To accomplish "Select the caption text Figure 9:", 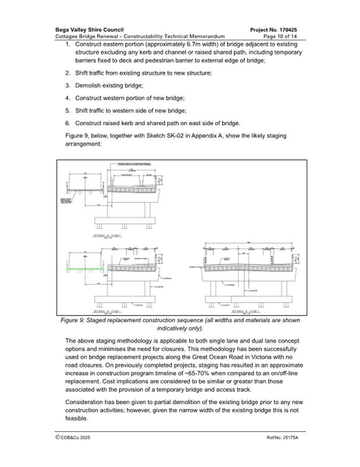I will coord(76,320).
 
